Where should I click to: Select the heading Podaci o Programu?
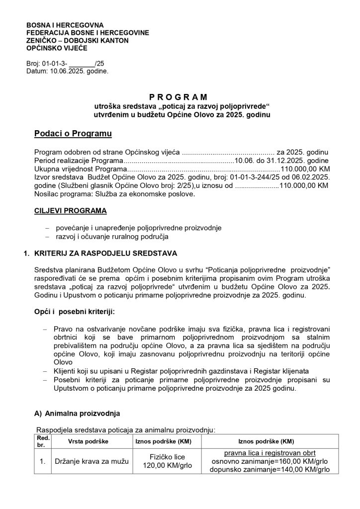[73, 134]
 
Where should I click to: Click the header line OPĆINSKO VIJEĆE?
[57, 48]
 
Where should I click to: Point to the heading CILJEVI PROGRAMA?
[70, 211]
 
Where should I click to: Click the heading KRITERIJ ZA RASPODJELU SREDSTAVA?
[105, 253]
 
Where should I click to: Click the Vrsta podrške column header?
[88, 441]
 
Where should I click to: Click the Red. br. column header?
[43, 441]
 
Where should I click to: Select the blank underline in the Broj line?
[81, 64]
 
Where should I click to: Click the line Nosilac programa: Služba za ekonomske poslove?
[115, 194]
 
